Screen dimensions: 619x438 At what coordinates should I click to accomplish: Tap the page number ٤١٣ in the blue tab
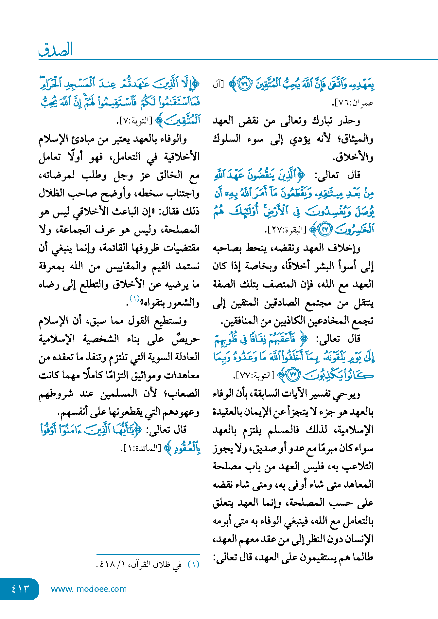point(20,589)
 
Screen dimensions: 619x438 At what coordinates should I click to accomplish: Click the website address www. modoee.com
point(89,589)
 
